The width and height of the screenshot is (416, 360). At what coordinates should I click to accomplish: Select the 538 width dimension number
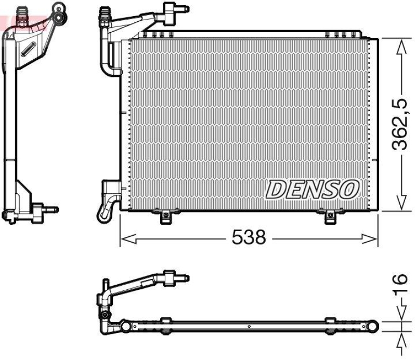click(249, 238)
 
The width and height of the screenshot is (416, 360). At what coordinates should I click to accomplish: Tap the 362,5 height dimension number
click(399, 125)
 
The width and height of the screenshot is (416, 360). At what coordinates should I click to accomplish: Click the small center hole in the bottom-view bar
click(249, 327)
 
